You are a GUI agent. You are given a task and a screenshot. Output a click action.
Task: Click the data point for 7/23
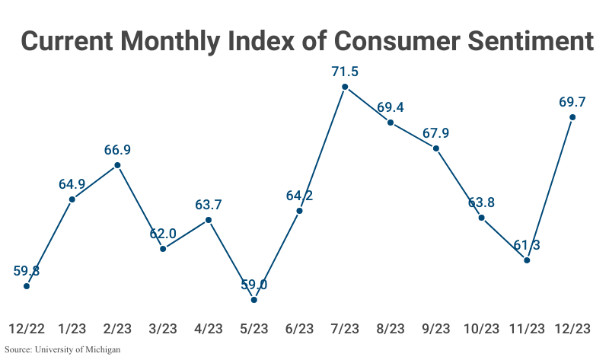coord(345,87)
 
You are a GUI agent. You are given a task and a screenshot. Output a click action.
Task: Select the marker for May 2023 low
coord(253,300)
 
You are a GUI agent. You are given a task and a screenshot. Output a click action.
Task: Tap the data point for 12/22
coord(27,286)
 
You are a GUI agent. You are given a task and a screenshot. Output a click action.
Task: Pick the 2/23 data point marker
coord(117,164)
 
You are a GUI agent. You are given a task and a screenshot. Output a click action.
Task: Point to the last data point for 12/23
coord(572,117)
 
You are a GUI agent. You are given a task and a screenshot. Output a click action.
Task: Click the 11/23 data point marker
coord(527,260)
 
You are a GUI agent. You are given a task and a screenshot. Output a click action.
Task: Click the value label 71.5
coord(345,72)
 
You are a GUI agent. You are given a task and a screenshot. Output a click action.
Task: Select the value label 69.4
coord(391,107)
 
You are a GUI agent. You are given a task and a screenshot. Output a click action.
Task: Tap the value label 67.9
coord(435,133)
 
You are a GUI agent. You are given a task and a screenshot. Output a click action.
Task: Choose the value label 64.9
coord(72,183)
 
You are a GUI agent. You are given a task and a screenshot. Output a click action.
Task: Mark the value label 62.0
coord(163,233)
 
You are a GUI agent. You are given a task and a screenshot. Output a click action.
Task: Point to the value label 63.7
coord(209,204)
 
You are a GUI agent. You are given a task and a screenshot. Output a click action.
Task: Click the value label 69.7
coord(572,101)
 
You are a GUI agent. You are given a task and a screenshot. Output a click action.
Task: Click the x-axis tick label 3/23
coord(163,329)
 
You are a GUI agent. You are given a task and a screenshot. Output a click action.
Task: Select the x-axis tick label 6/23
coord(299,329)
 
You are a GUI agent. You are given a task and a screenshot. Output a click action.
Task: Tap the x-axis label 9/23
coord(435,329)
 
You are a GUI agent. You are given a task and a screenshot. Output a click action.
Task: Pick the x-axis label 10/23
coord(481,329)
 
